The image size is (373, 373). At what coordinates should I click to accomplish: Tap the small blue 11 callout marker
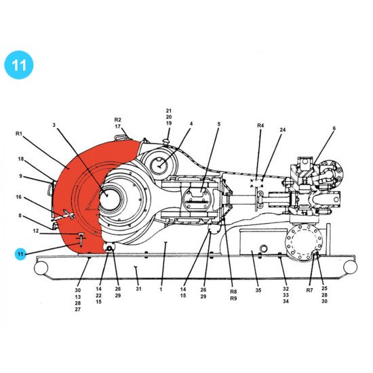click(21, 254)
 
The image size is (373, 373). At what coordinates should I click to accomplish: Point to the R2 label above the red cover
click(117, 119)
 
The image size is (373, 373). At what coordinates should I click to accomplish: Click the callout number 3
click(54, 125)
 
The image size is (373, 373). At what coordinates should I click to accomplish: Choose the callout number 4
click(191, 124)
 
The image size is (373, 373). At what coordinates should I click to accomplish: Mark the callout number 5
click(219, 124)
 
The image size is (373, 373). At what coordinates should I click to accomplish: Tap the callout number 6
click(334, 128)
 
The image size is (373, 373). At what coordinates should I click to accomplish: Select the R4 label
click(260, 125)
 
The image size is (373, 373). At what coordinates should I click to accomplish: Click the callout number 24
click(282, 130)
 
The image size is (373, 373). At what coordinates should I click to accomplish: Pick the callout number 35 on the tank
click(258, 290)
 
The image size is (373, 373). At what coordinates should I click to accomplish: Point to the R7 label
click(309, 290)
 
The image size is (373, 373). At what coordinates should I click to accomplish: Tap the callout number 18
click(21, 159)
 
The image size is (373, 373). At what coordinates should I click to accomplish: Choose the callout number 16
click(19, 197)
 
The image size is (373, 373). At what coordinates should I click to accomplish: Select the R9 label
click(233, 298)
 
